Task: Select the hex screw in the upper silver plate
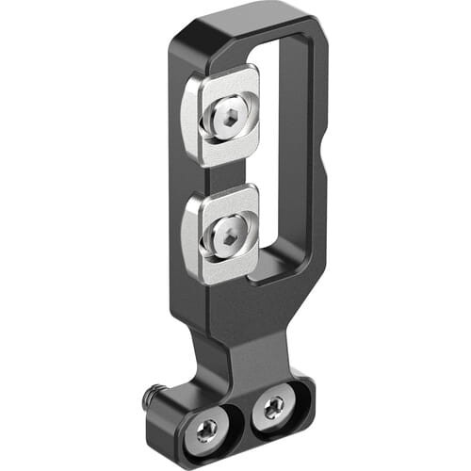click(228, 118)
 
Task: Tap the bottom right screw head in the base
click(272, 407)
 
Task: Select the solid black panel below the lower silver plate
click(235, 301)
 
